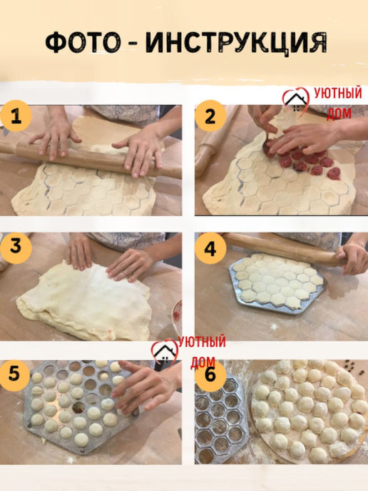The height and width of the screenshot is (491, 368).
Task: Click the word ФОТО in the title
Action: point(83,42)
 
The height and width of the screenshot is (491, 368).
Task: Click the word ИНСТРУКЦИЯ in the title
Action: point(236,43)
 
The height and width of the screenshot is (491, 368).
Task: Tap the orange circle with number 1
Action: point(16,116)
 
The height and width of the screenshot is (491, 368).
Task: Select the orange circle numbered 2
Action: point(210,116)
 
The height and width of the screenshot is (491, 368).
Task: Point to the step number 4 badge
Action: point(210,249)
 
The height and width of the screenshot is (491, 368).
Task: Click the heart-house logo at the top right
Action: point(296,101)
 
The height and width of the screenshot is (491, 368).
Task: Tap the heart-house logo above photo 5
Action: point(164,353)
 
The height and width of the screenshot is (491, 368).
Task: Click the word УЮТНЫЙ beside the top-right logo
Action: point(338,93)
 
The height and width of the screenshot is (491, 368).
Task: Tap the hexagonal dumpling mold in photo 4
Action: point(276,283)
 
